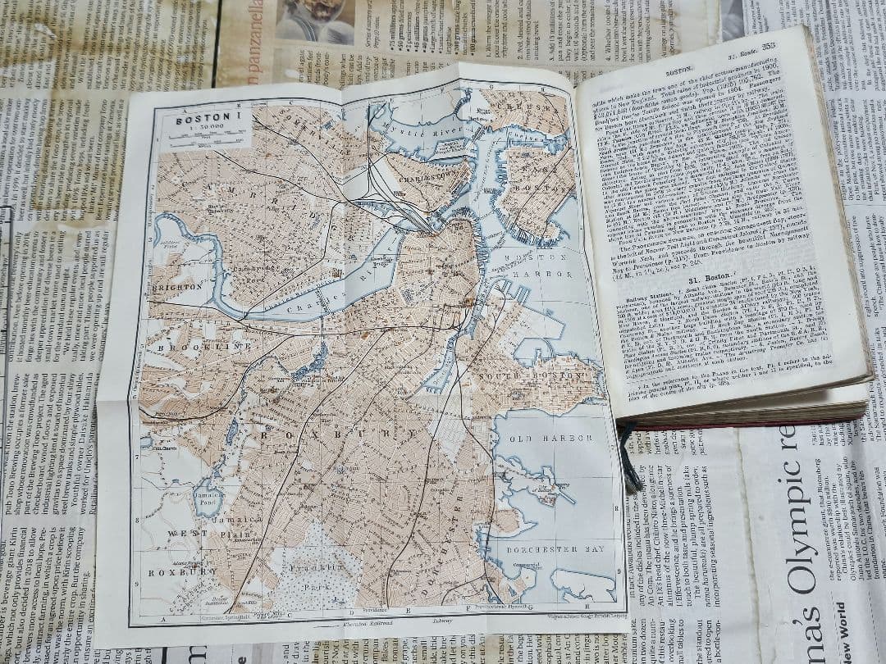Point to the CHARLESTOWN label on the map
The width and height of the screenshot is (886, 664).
coord(432,174)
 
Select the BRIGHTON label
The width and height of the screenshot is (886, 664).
coord(176,288)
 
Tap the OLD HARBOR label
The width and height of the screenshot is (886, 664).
coord(550,439)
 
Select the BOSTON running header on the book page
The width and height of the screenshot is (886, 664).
coord(679,71)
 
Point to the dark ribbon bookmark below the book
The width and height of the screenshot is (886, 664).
coord(629,460)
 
